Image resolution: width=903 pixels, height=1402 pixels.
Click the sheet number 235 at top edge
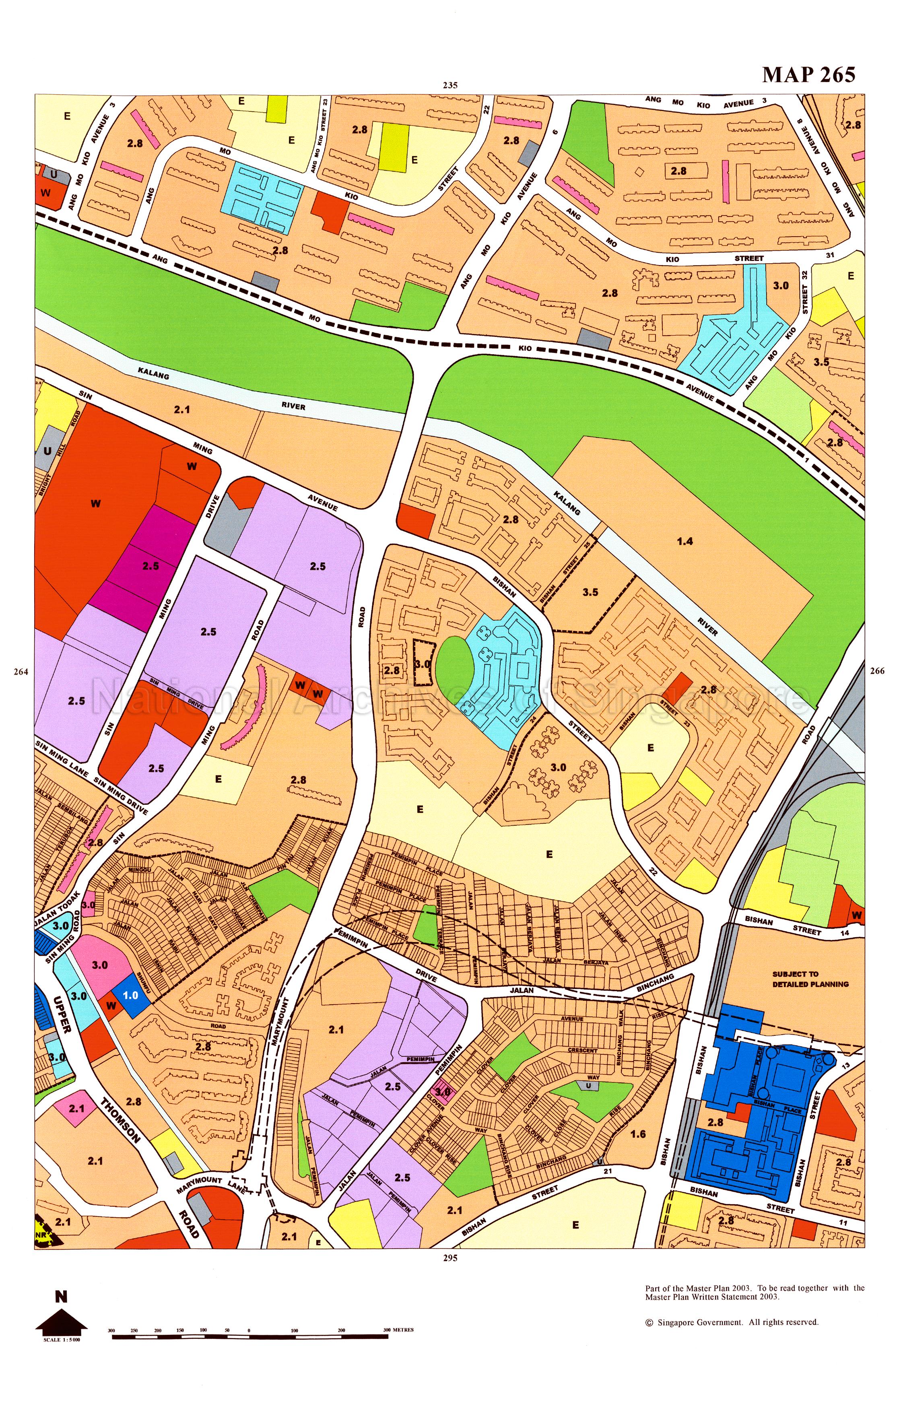point(450,85)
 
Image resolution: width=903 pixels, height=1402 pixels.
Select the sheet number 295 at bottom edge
point(450,1258)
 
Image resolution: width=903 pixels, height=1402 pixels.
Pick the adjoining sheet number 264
point(21,672)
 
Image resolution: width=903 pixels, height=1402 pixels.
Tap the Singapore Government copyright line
point(732,1322)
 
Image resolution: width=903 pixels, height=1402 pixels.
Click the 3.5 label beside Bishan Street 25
point(590,592)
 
